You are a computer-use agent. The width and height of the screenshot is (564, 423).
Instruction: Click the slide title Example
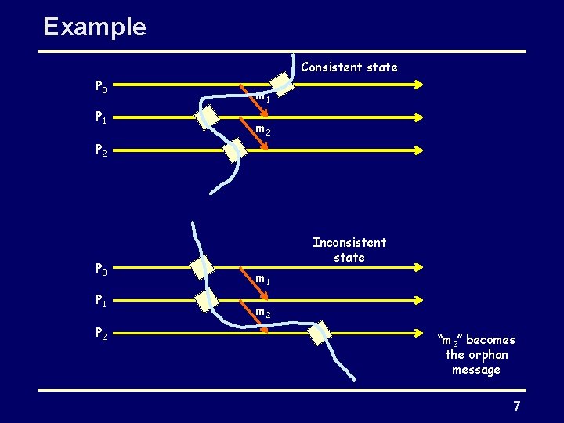tap(95, 27)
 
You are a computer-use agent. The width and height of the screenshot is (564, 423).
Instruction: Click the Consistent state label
tap(349, 67)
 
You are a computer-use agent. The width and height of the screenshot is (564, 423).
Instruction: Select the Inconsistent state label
tap(349, 250)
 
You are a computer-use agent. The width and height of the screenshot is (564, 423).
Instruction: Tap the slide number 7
tap(517, 407)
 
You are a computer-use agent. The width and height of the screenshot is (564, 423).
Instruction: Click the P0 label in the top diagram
tap(102, 85)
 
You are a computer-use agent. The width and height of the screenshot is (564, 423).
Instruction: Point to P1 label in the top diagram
tap(102, 117)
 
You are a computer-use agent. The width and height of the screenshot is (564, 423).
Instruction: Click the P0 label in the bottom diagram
tap(102, 269)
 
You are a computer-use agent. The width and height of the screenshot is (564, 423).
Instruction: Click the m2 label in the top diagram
tap(263, 131)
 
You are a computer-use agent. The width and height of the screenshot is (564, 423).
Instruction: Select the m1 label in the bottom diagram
tap(263, 279)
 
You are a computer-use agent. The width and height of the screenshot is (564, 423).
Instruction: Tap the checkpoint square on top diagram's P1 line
tap(207, 117)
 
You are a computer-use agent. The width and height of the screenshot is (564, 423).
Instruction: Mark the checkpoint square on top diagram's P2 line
tap(234, 150)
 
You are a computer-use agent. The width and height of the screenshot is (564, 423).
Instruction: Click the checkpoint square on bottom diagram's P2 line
tap(320, 332)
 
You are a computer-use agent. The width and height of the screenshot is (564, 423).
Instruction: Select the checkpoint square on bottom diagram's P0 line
tap(203, 267)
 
